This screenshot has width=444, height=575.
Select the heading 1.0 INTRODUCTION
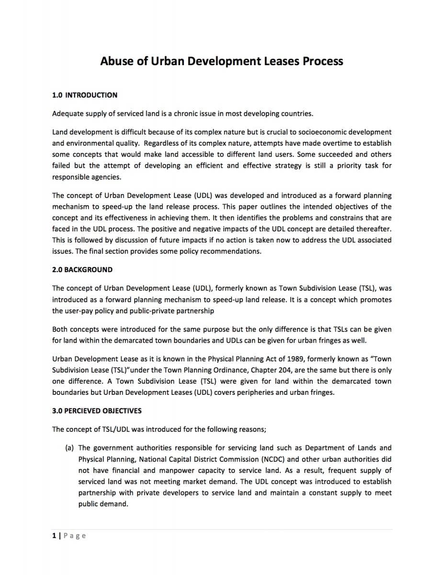84,95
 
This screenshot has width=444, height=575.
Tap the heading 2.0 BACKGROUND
82,269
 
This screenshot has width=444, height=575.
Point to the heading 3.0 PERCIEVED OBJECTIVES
97,411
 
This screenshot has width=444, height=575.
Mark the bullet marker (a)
69,448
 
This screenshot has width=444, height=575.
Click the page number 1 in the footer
54,535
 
